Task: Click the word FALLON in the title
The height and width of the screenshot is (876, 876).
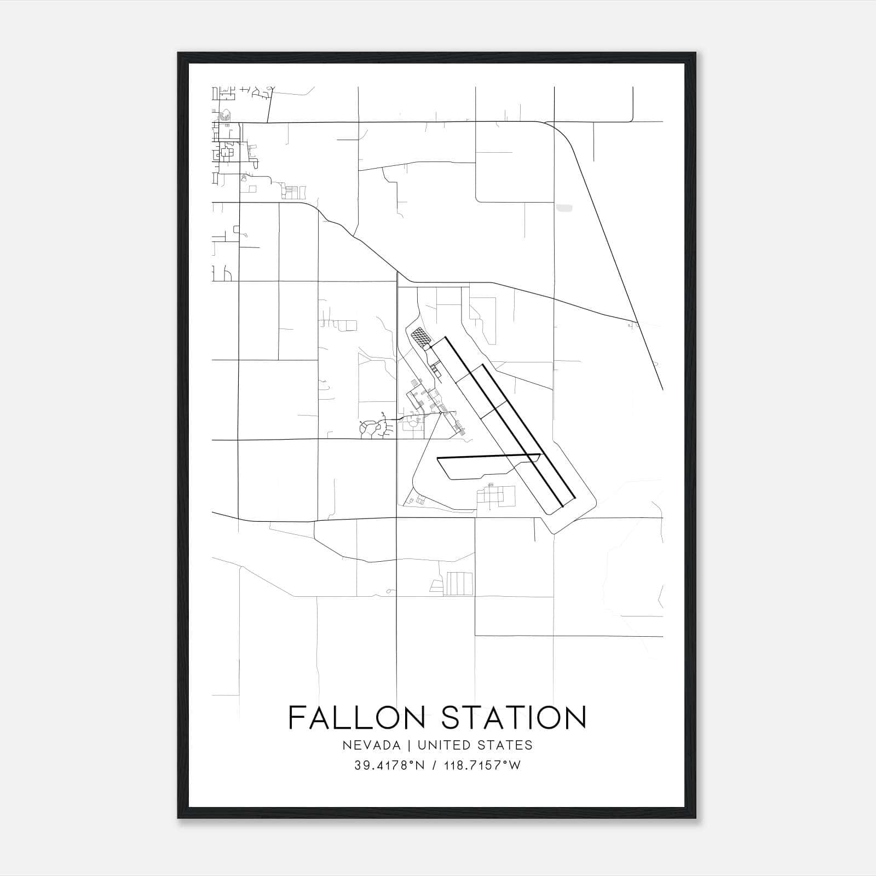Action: pos(356,717)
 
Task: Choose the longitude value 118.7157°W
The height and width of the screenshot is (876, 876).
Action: pos(481,765)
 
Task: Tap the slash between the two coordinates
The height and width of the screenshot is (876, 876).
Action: pos(435,765)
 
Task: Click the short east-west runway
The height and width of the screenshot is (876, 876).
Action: pos(487,456)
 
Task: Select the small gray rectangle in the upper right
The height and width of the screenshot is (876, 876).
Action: pos(564,208)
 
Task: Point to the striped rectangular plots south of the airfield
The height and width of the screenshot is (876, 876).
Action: pos(459,584)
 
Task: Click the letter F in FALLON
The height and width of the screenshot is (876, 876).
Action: pos(296,717)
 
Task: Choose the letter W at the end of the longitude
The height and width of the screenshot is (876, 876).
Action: pos(515,765)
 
